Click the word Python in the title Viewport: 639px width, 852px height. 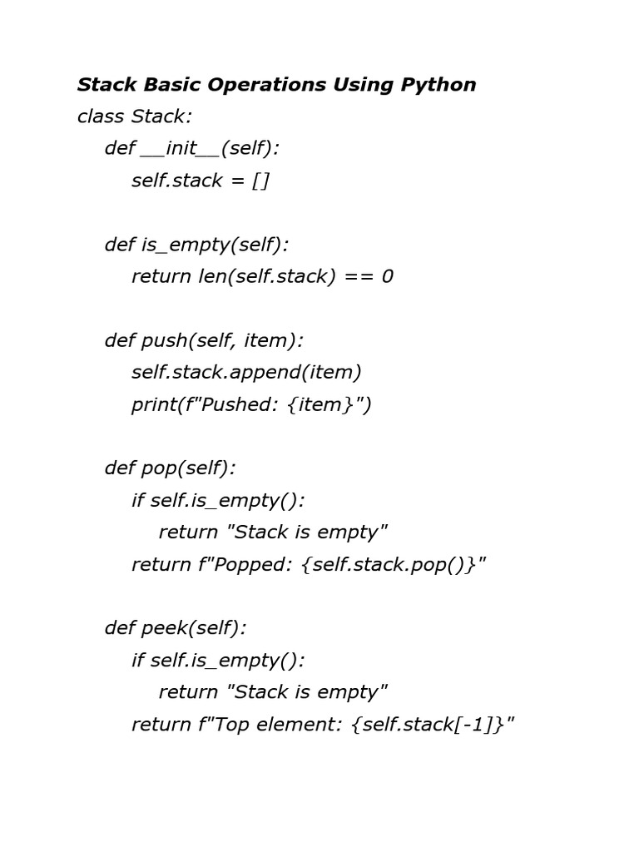[x=438, y=85]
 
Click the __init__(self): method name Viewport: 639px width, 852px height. [x=211, y=148]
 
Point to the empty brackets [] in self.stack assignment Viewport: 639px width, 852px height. [x=260, y=181]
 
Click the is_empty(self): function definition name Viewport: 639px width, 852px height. [x=215, y=245]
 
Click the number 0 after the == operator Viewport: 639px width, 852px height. [x=387, y=276]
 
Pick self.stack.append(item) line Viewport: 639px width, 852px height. [x=246, y=372]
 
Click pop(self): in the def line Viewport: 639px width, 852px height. [x=189, y=468]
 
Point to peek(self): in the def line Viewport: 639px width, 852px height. [x=194, y=629]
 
